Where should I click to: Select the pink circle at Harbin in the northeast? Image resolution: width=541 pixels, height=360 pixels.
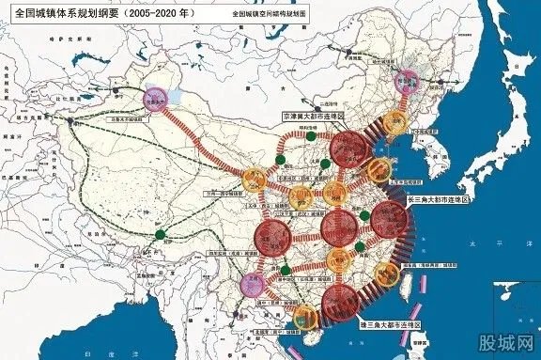point(408,83)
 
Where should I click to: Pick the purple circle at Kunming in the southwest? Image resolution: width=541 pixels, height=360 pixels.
point(253,283)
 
